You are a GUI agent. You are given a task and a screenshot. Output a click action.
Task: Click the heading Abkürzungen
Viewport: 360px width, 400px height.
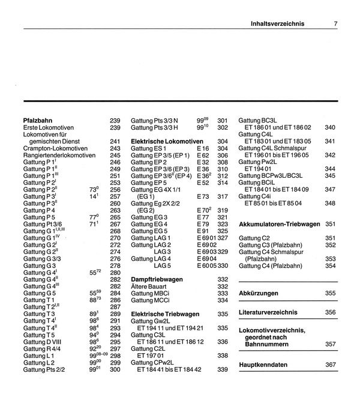click(258, 293)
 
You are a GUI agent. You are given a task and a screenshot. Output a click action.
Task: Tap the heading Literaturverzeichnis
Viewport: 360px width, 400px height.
click(268, 312)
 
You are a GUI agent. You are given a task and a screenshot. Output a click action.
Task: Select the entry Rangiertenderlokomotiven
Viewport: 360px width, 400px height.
click(59, 155)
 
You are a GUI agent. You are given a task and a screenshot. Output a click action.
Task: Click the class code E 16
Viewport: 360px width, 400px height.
click(202, 148)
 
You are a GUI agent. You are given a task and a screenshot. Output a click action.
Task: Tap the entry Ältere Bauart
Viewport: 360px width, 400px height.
click(150, 286)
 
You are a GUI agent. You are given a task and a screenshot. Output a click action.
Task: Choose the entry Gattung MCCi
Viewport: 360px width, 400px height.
click(152, 300)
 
